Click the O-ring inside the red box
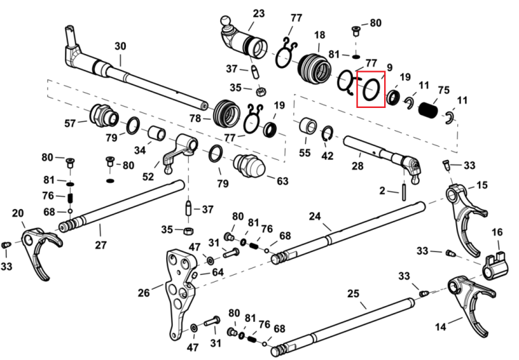pos(364,89)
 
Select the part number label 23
pos(259,14)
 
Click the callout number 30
pos(120,46)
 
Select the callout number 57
pos(70,123)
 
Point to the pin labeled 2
pos(405,192)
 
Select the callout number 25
pos(353,294)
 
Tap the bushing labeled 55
pos(308,127)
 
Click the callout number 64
pos(217,272)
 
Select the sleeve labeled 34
pos(156,133)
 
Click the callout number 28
pos(358,165)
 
